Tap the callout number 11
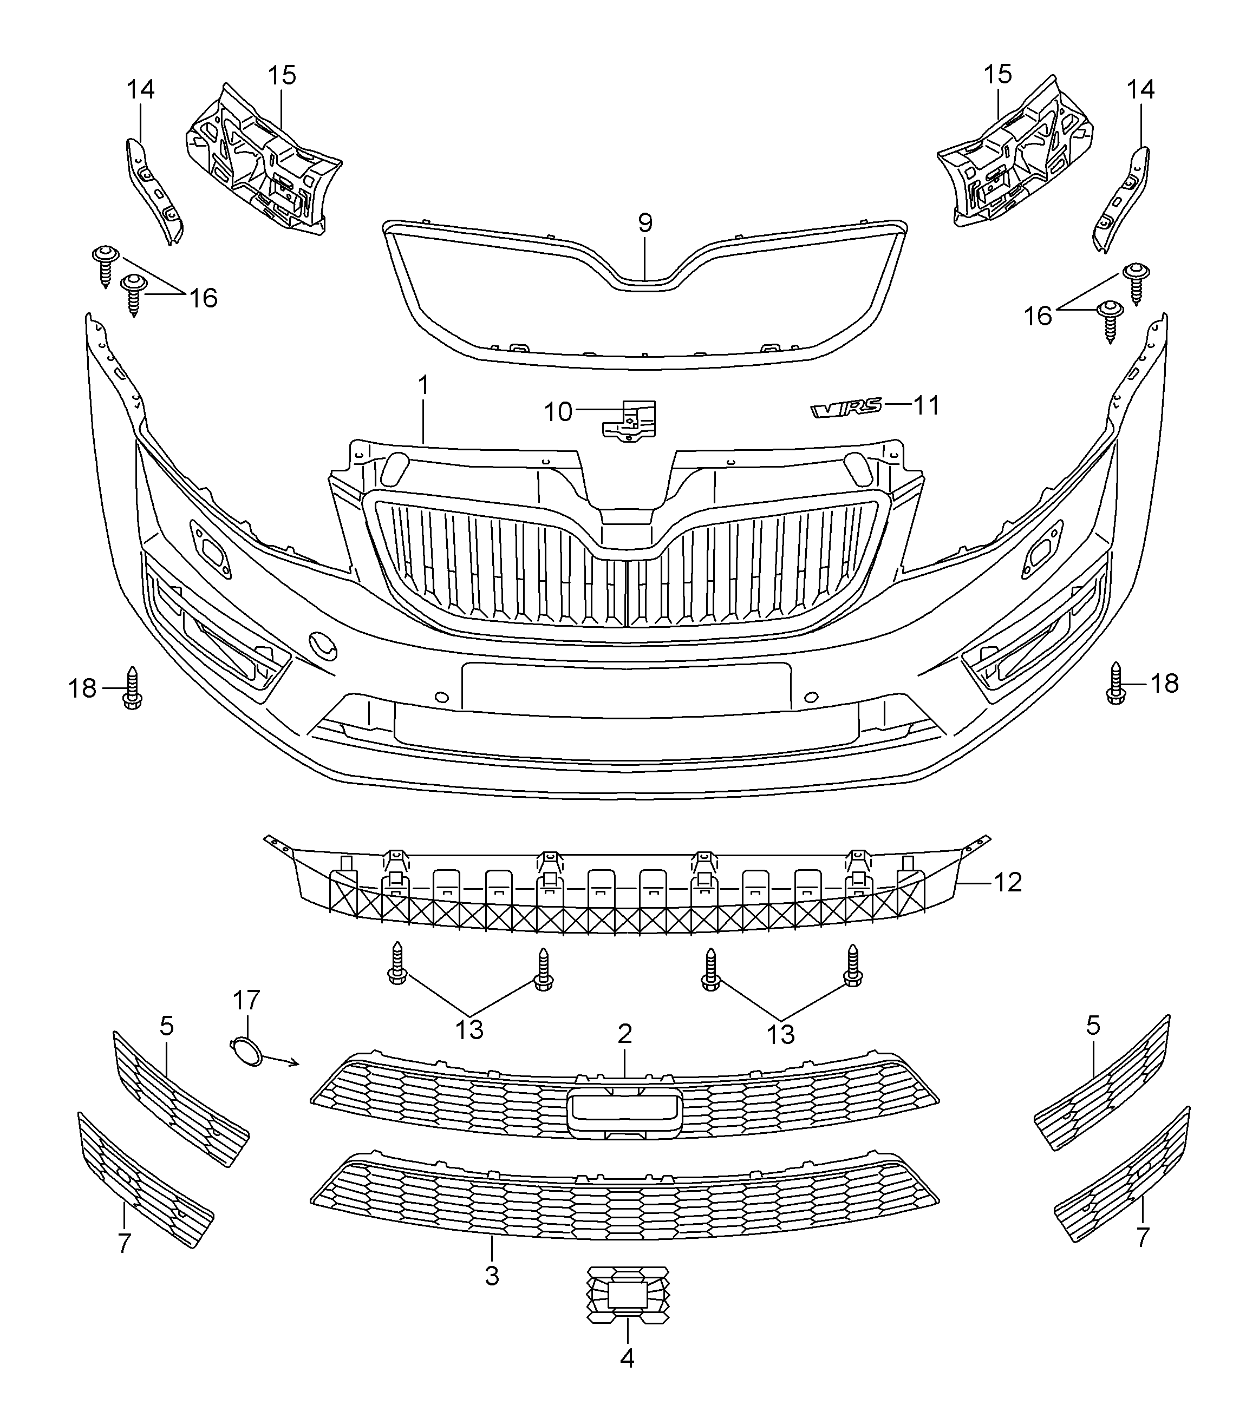point(927,405)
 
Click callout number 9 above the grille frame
point(645,224)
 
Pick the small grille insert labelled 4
point(628,1295)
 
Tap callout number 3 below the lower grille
point(492,1276)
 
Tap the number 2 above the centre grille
point(625,1034)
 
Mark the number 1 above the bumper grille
point(423,385)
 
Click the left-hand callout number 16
point(204,298)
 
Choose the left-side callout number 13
point(469,1029)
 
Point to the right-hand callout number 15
point(997,74)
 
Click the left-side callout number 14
point(140,89)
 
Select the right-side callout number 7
point(1142,1237)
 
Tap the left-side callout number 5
point(167,1027)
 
